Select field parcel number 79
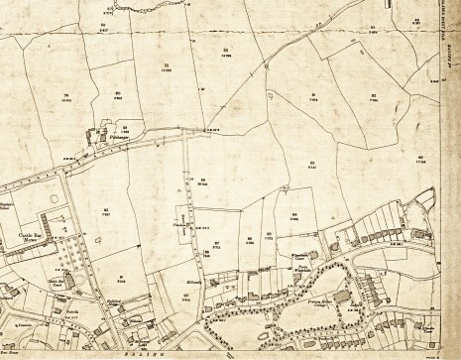click(67, 96)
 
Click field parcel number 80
click(118, 96)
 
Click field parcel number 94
click(294, 215)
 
